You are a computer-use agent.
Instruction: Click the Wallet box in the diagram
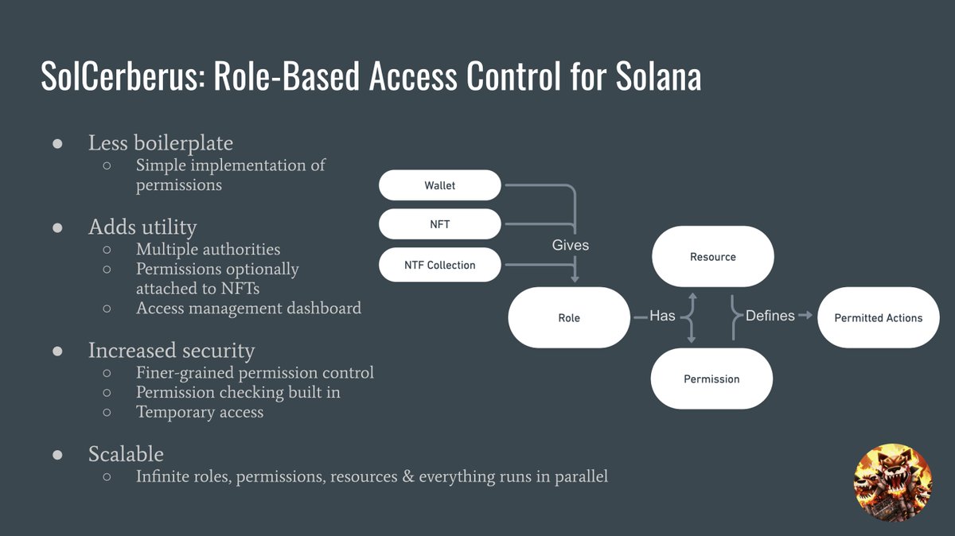(439, 185)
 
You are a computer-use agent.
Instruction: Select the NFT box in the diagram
(439, 224)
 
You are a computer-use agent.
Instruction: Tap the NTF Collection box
(439, 265)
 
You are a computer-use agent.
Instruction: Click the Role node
(569, 317)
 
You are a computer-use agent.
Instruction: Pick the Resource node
(713, 257)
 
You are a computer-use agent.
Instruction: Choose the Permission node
(711, 379)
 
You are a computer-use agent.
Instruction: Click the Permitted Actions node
(879, 317)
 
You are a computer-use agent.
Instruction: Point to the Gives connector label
(571, 245)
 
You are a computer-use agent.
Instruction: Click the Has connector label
(662, 316)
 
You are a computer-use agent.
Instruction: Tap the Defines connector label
(770, 316)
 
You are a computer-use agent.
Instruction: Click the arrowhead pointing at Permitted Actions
(809, 315)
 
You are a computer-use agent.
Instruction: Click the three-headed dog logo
(893, 482)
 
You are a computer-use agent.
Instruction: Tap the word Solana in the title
(658, 76)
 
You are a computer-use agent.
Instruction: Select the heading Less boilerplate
(161, 142)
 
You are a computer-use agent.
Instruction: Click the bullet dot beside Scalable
(57, 455)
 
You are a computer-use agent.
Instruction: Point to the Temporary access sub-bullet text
(200, 412)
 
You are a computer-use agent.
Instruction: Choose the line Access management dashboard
(248, 308)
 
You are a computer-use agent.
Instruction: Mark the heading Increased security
(171, 350)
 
